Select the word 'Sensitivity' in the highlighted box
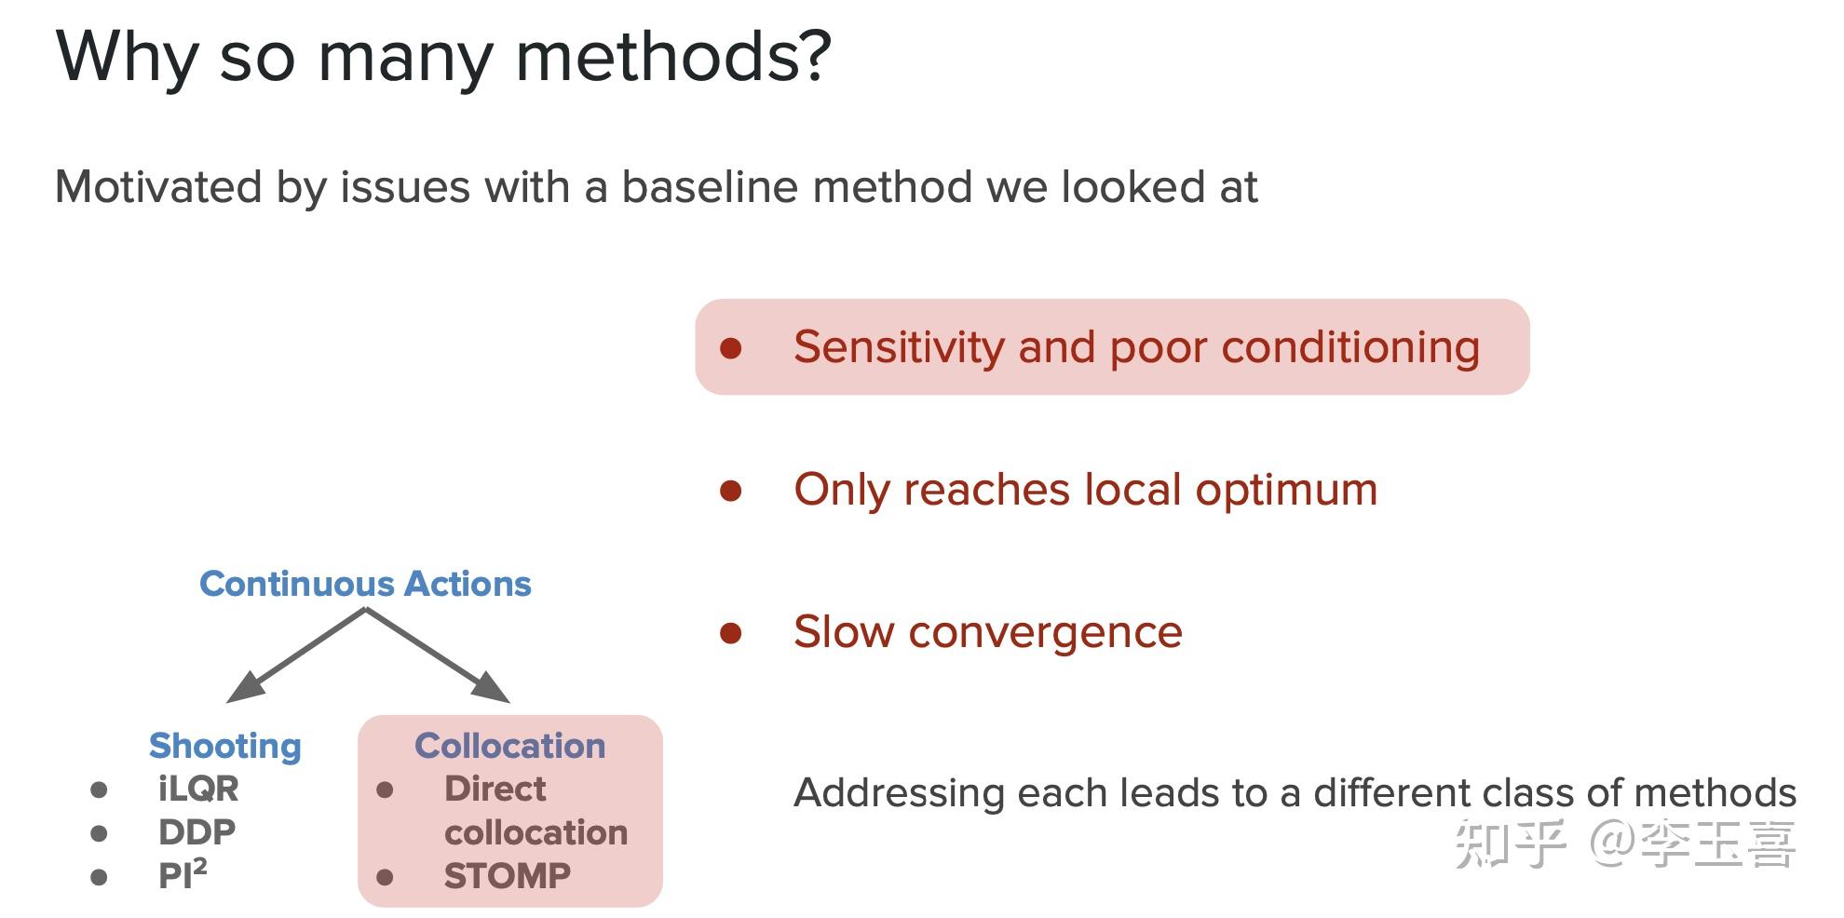point(898,347)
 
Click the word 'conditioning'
point(1349,347)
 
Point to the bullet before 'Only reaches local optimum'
point(731,491)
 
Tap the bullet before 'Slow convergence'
point(731,634)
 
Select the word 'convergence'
point(1045,632)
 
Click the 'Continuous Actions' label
point(365,584)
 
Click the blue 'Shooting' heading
point(225,746)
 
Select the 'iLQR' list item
point(198,789)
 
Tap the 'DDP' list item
point(197,831)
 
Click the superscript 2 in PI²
point(199,866)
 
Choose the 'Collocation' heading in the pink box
point(509,746)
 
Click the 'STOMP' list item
point(507,876)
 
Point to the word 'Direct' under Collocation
point(495,789)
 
